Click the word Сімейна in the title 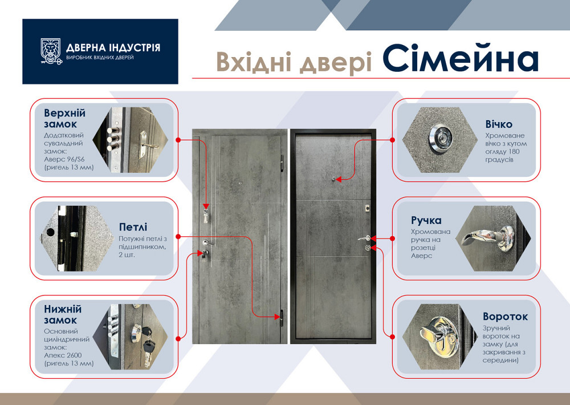tap(460, 59)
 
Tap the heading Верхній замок tap(64, 118)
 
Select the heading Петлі tap(133, 226)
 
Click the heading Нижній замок tap(63, 314)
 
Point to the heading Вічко tap(499, 124)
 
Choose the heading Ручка tap(426, 220)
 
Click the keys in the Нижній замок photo tap(149, 342)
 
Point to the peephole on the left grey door tap(241, 183)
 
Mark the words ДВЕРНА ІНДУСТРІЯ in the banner tap(113, 47)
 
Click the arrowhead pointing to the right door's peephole tap(338, 179)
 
